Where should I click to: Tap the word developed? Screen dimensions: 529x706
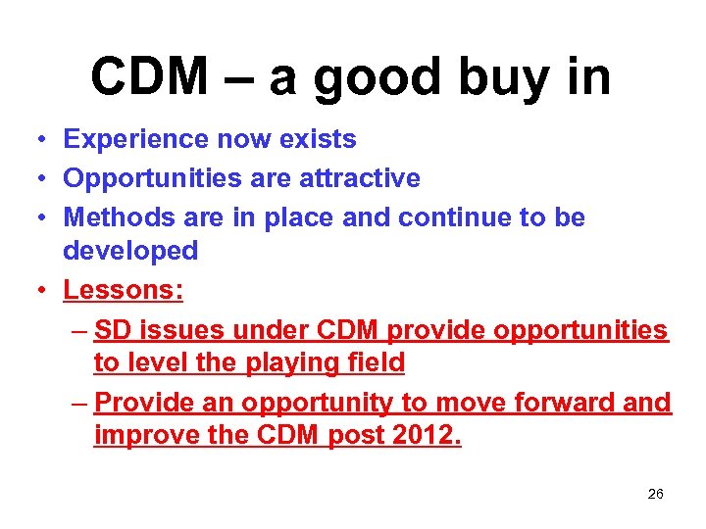[130, 251]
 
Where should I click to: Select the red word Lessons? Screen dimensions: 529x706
[124, 290]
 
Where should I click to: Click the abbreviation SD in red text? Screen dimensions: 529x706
[114, 330]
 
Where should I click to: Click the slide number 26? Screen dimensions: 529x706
[656, 494]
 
